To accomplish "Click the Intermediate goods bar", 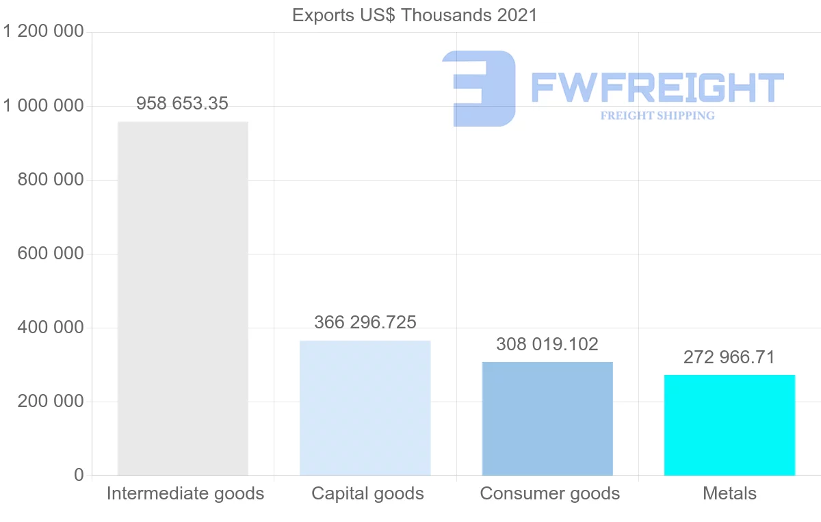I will [x=183, y=298].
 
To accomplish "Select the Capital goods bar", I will [x=365, y=408].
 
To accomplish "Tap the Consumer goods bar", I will [x=547, y=418].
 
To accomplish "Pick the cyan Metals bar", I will [x=729, y=425].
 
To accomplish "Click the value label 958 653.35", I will [x=183, y=104].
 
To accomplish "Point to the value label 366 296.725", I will [x=365, y=322].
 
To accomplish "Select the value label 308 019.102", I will [x=547, y=344].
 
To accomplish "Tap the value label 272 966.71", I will [x=729, y=357].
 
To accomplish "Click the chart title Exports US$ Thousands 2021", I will [x=415, y=15].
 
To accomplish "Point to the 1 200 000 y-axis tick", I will [x=44, y=31].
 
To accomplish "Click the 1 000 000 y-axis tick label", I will [x=44, y=106].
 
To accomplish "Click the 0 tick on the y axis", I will [x=79, y=475].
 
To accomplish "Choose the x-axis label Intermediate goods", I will [x=185, y=494].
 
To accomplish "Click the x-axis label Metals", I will [x=729, y=494].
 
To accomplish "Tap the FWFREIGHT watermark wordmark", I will [x=657, y=88].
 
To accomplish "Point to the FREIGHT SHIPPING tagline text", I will [x=657, y=116].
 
